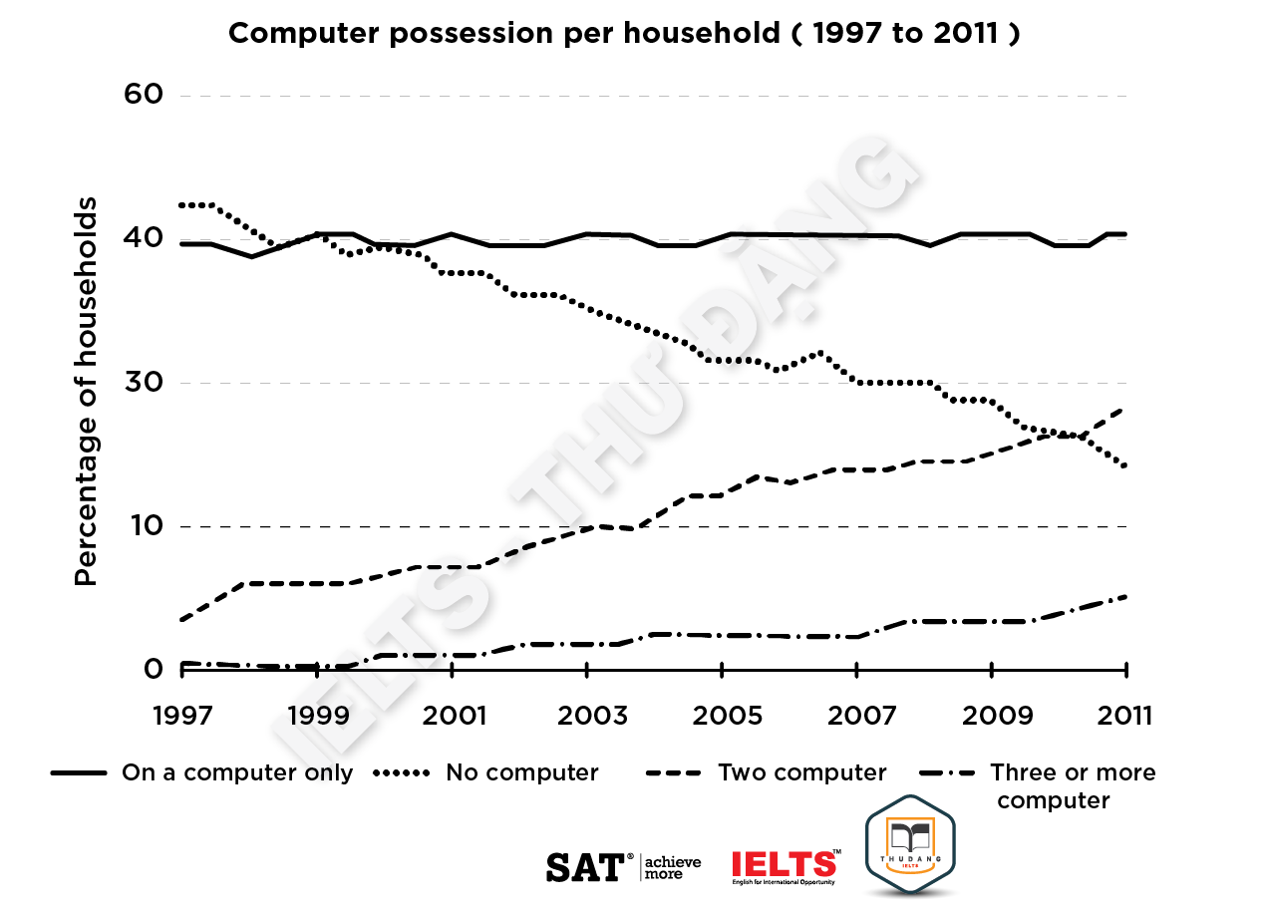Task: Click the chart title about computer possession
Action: (624, 34)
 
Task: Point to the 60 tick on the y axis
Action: (143, 95)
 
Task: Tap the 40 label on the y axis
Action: (143, 238)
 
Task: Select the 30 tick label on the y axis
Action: (143, 383)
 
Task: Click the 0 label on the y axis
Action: (153, 669)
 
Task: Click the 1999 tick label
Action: (316, 716)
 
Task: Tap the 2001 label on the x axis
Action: (453, 716)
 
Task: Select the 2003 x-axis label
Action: (587, 716)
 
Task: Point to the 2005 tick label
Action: (722, 716)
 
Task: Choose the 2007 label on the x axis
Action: (857, 716)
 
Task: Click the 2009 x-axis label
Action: (992, 716)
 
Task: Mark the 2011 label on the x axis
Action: (1125, 716)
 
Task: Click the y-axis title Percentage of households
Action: (88, 393)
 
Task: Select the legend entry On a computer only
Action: (236, 772)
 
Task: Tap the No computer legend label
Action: (521, 772)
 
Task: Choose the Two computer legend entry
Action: (801, 772)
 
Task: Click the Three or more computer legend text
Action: (1072, 785)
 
